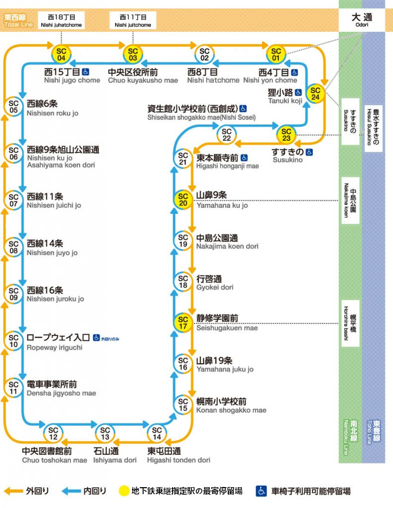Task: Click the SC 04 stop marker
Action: point(62,54)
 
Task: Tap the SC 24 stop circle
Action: point(316,93)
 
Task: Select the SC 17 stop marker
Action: point(183,323)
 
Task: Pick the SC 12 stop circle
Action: point(53,433)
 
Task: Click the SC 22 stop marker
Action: point(227,134)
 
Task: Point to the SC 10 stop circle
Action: point(14,341)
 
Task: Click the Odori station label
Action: point(361,20)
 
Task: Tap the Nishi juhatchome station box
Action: point(61,20)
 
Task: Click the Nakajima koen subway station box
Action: point(350,200)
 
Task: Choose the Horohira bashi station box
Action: point(350,323)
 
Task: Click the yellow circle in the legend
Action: point(124,491)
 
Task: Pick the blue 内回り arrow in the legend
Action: point(71,491)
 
